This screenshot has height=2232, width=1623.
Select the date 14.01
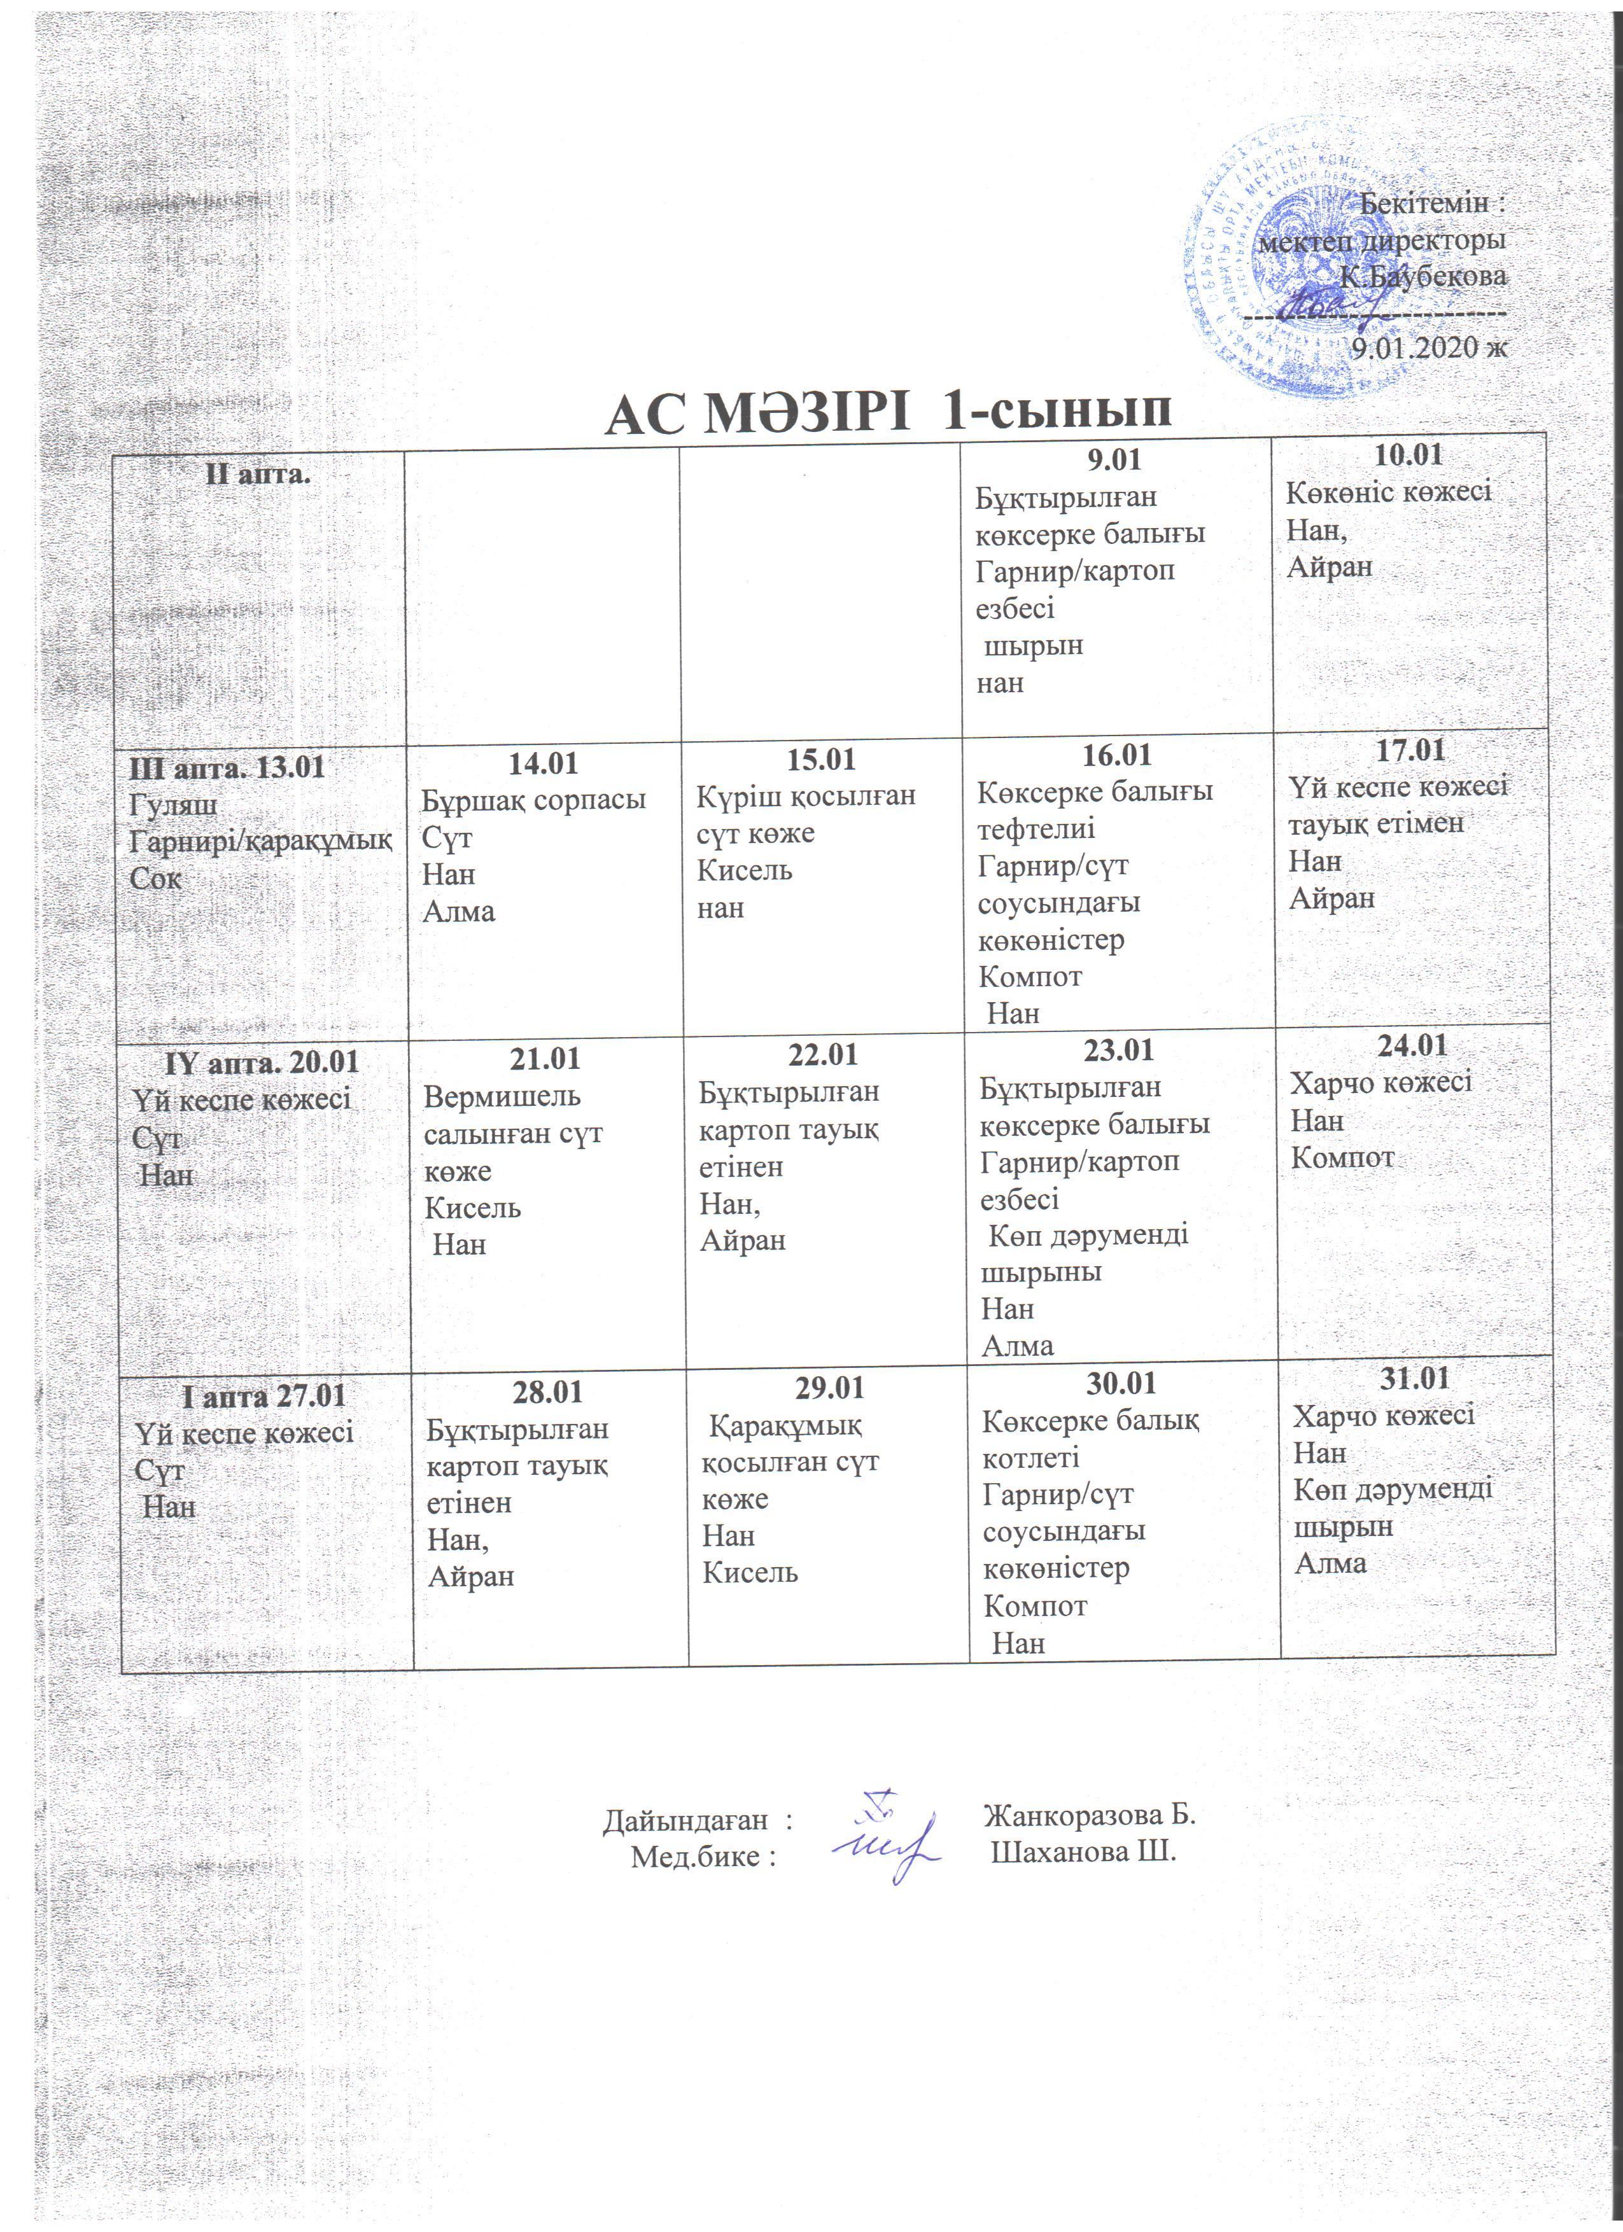(x=542, y=763)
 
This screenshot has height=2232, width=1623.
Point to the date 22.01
(x=822, y=1055)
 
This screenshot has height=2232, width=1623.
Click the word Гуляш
(x=173, y=805)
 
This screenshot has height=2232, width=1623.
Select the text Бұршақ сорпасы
(x=533, y=800)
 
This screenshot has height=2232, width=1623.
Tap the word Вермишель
(x=501, y=1096)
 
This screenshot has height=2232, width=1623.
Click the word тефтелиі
(x=1036, y=828)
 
